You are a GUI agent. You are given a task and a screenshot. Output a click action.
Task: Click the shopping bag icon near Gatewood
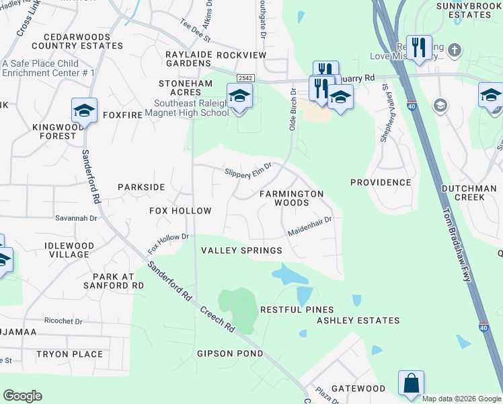pyautogui.click(x=410, y=383)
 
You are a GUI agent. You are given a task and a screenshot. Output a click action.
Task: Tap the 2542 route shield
pyautogui.click(x=245, y=79)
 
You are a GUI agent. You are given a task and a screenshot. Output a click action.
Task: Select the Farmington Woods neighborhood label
pyautogui.click(x=292, y=198)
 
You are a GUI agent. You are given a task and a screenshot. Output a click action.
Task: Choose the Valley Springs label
pyautogui.click(x=242, y=250)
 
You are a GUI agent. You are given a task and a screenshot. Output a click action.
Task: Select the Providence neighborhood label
pyautogui.click(x=381, y=182)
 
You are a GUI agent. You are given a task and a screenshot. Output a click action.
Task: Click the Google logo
pyautogui.click(x=22, y=396)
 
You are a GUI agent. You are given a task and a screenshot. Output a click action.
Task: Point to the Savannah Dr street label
pyautogui.click(x=77, y=218)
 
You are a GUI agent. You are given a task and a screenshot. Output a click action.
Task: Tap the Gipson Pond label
pyautogui.click(x=225, y=353)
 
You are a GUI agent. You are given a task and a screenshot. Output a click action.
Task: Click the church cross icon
pyautogui.click(x=455, y=50)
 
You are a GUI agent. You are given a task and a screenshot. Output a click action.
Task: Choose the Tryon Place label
pyautogui.click(x=70, y=354)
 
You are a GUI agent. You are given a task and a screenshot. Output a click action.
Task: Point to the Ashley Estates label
pyautogui.click(x=358, y=321)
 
